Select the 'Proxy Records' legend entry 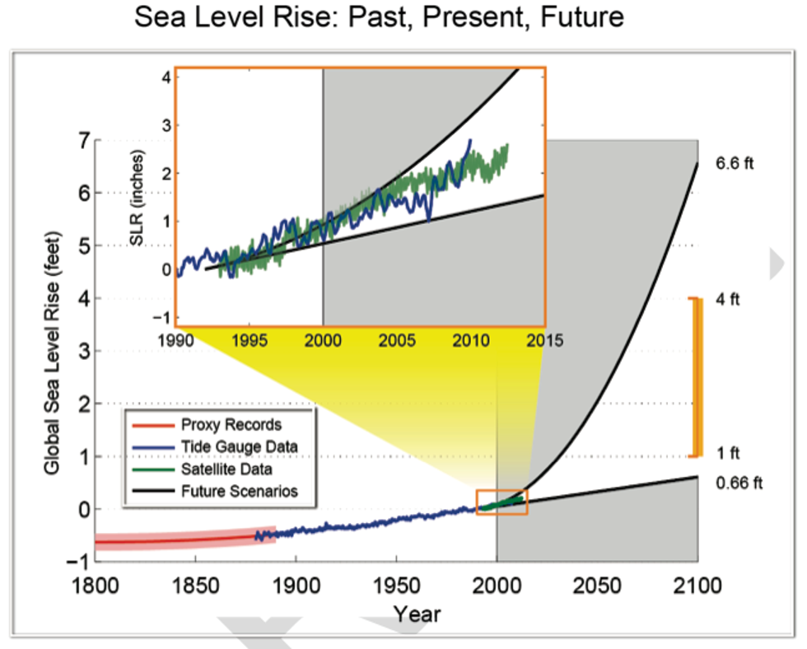click(x=230, y=426)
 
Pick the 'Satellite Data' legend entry click(x=227, y=469)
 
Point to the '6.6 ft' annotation click(x=735, y=163)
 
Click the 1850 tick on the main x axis click(x=194, y=586)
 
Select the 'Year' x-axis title click(x=417, y=614)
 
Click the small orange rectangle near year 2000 click(x=501, y=502)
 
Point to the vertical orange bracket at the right click(x=697, y=376)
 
